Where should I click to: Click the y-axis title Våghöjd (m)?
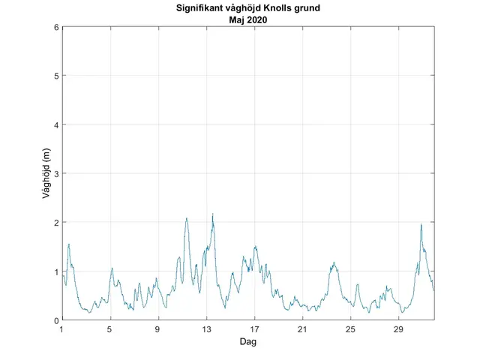[x=46, y=174]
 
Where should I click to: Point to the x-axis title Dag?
[x=248, y=341]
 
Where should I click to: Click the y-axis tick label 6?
[x=55, y=27]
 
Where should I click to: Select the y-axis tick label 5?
[x=55, y=76]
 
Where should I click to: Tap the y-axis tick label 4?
[x=55, y=124]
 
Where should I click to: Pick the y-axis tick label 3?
[x=55, y=174]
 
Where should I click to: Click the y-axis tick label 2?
[x=55, y=223]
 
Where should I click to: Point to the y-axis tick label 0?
[x=55, y=320]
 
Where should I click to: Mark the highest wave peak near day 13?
[x=213, y=214]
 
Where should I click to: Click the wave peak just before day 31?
[x=421, y=224]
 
